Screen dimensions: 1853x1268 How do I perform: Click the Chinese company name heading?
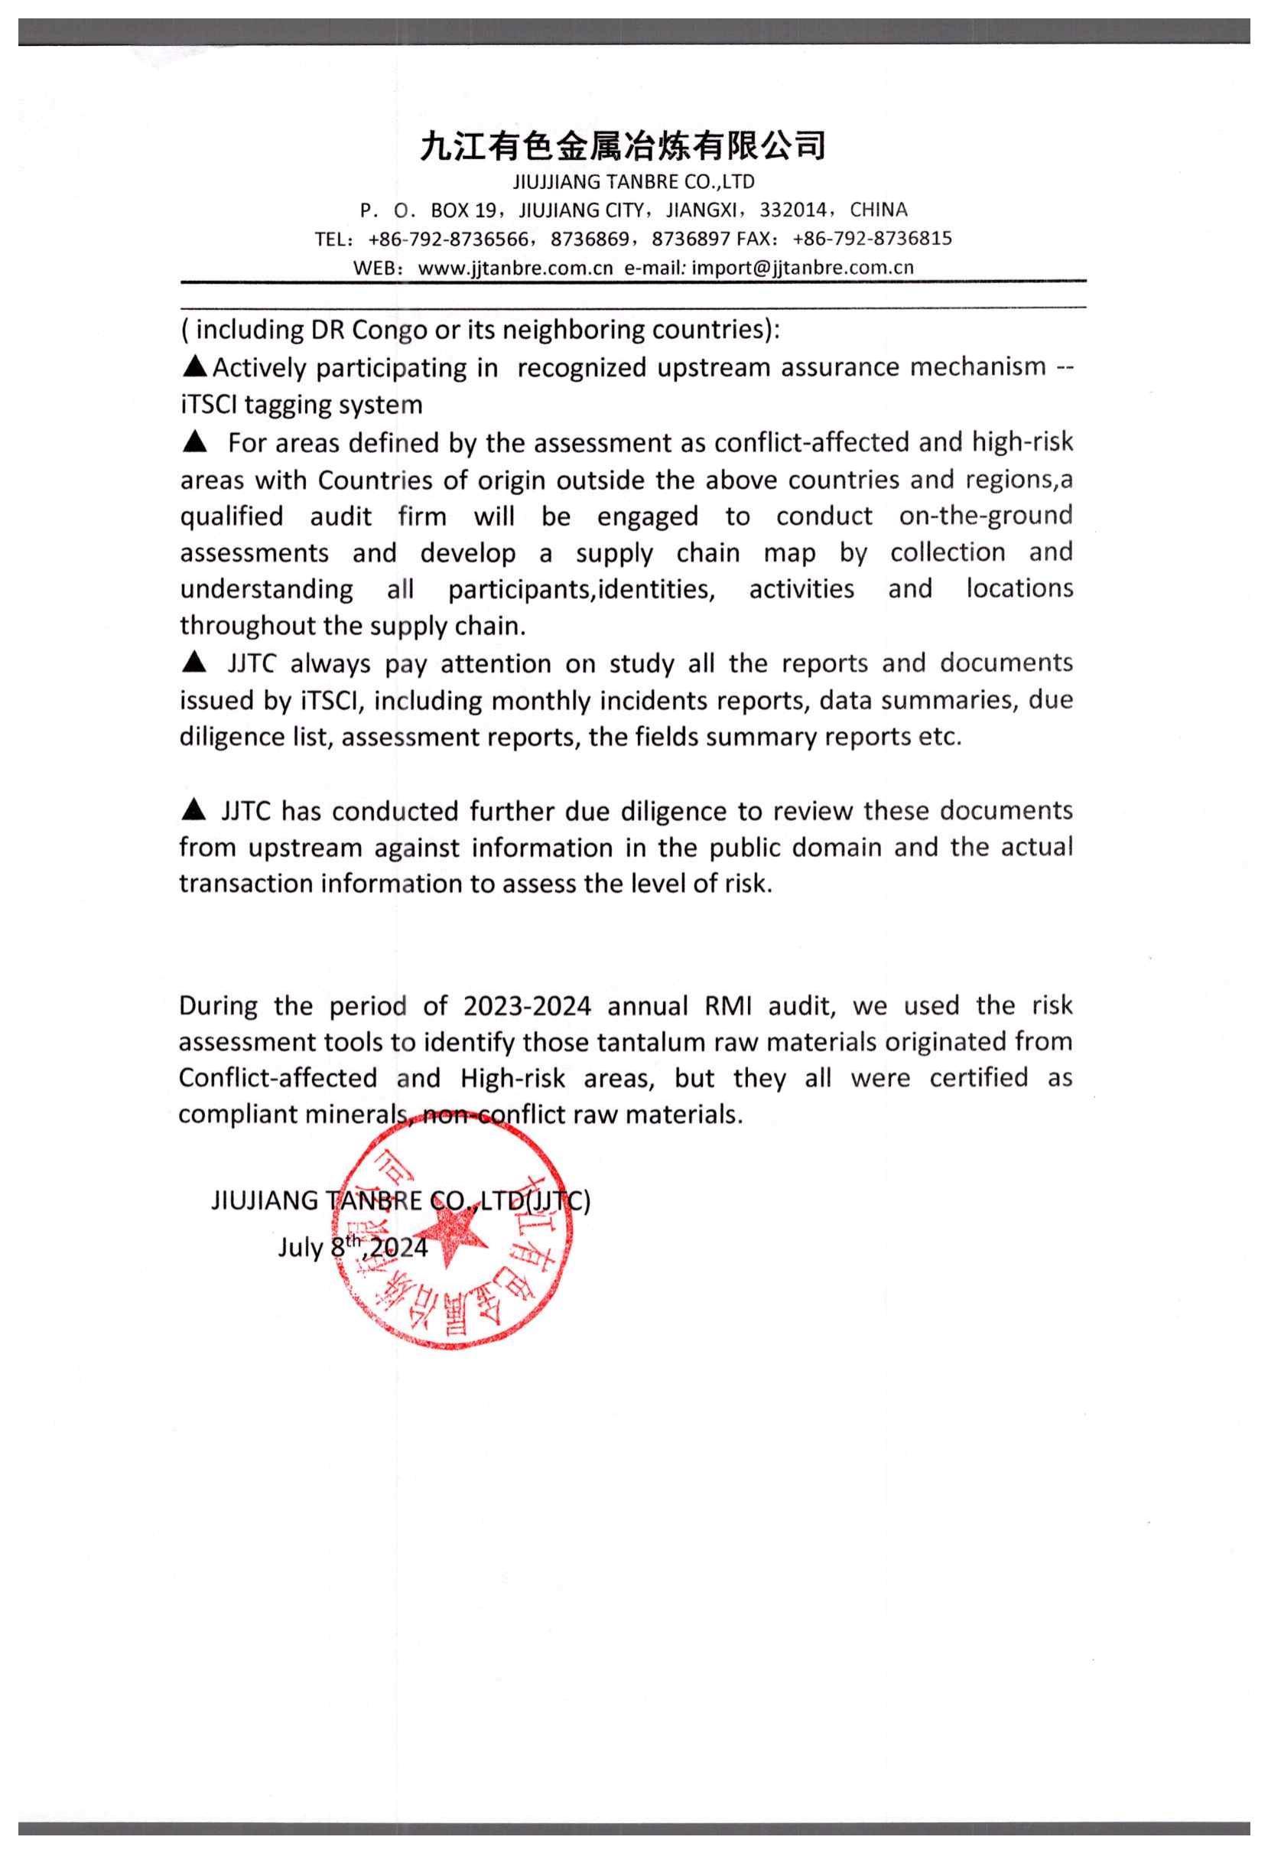623,146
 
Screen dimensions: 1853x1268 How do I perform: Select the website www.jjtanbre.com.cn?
515,268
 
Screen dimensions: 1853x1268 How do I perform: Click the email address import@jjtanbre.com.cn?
801,268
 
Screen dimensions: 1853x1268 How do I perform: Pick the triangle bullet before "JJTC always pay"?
193,662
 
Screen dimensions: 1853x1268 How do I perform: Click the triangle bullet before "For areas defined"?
193,441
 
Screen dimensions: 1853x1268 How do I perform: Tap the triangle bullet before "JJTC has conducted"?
193,809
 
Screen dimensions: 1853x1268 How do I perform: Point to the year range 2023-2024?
527,1005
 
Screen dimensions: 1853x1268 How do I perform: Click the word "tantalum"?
629,1042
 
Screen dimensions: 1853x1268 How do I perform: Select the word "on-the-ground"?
985,516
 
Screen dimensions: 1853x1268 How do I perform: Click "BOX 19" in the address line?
463,210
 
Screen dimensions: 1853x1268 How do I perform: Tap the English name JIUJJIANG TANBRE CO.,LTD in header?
633,182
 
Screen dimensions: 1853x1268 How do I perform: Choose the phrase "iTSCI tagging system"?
301,405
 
